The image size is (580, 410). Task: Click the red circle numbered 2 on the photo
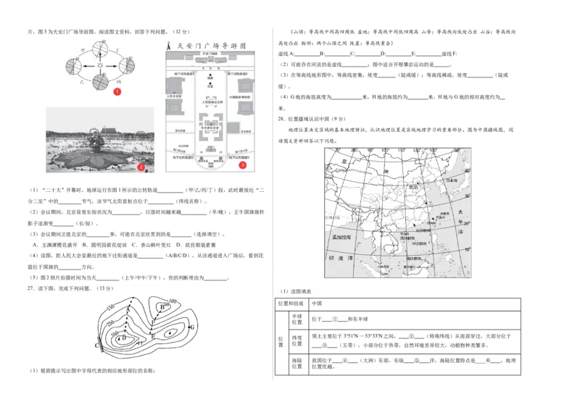click(142, 167)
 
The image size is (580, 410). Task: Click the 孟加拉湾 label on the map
click(340, 237)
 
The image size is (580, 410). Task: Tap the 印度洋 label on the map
click(345, 257)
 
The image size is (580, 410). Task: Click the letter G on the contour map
click(191, 327)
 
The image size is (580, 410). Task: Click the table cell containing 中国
click(317, 304)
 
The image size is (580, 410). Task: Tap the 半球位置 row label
click(297, 319)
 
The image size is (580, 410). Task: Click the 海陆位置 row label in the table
click(297, 362)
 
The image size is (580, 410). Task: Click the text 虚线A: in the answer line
click(286, 54)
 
